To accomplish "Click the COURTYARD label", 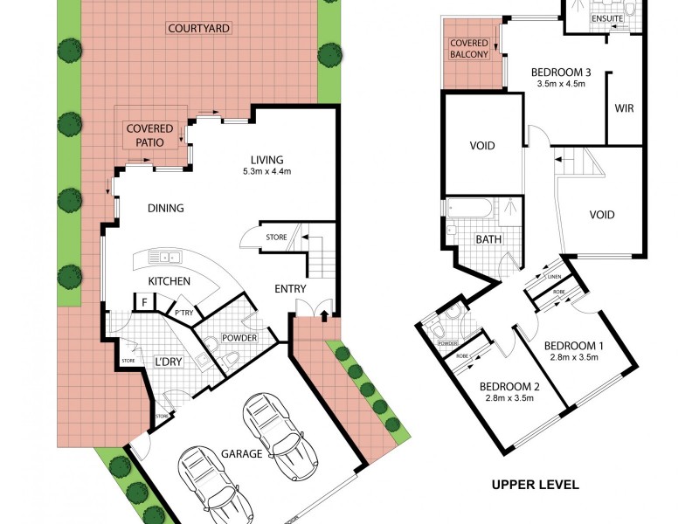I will pos(198,28).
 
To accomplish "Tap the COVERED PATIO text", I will pos(149,135).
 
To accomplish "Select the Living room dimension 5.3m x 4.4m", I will pos(267,172).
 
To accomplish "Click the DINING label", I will pos(165,208).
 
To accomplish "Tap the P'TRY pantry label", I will pos(183,313).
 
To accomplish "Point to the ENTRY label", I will pos(290,289).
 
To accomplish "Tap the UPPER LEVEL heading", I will pos(535,484).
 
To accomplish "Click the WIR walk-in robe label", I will pos(624,109).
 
